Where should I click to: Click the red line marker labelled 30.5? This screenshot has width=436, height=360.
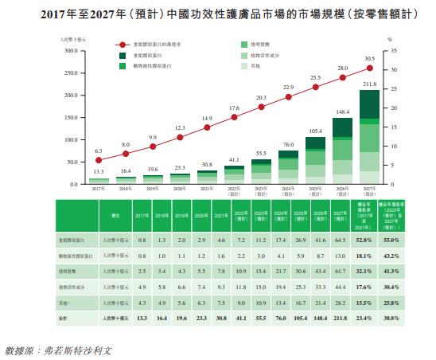pos(369,69)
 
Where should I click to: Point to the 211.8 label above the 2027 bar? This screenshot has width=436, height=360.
pos(369,84)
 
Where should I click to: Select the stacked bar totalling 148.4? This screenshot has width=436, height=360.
pos(342,151)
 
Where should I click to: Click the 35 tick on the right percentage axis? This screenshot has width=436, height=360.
pos(390,50)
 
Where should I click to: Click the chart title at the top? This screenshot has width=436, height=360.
pos(217,14)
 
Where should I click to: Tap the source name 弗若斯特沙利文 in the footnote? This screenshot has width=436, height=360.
pos(80,348)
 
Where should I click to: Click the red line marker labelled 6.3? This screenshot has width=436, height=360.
pos(99,160)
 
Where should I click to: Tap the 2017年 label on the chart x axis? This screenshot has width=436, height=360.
pos(99,189)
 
